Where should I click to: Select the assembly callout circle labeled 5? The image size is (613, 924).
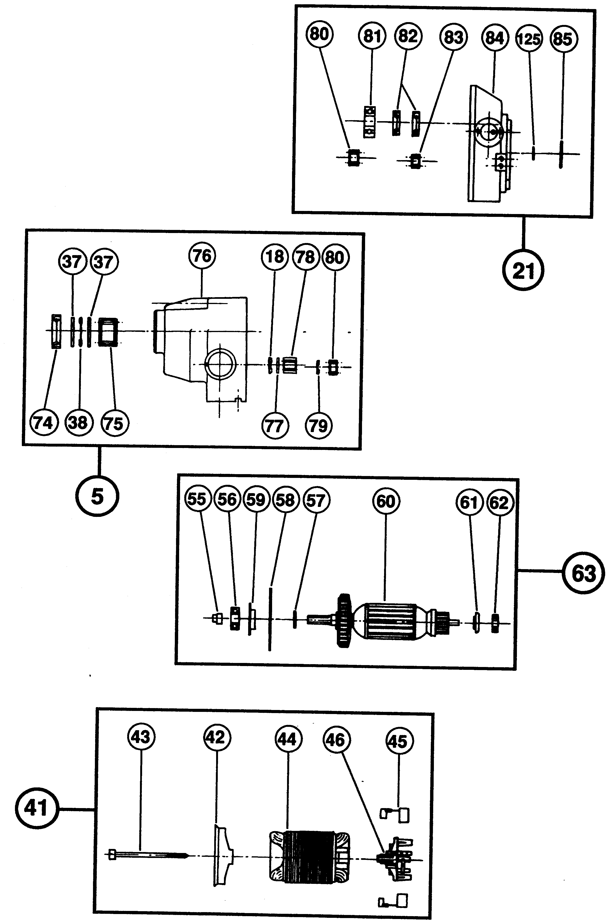(x=97, y=496)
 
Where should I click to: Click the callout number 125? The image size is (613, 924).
(x=529, y=39)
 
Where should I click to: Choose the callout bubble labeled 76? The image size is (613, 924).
(x=202, y=256)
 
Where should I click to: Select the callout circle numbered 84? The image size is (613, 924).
(x=495, y=38)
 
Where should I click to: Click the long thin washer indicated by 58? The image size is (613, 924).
(x=270, y=618)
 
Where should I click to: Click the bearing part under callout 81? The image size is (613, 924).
(x=369, y=122)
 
